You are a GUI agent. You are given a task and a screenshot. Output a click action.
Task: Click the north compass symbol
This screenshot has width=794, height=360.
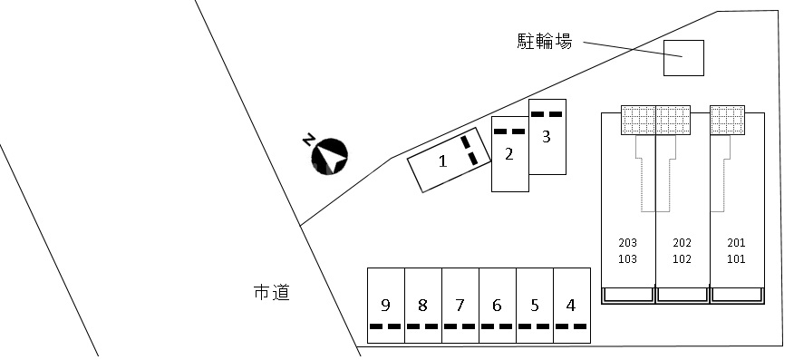[330, 156]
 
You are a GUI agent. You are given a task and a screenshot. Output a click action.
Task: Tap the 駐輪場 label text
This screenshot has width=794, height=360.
[544, 41]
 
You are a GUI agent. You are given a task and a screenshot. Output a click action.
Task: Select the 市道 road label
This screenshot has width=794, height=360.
[271, 293]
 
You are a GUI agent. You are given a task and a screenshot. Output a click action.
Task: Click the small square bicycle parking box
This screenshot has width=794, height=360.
[683, 58]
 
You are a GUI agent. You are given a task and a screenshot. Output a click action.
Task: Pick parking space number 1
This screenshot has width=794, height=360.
[445, 162]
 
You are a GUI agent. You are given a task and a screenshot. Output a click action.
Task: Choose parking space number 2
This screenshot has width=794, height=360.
[509, 154]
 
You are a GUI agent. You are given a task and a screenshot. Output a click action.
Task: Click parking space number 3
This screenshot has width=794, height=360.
[547, 137]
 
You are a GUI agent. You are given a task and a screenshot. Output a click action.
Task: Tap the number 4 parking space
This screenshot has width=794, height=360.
[570, 306]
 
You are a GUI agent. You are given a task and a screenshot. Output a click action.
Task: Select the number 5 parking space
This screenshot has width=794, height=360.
[534, 306]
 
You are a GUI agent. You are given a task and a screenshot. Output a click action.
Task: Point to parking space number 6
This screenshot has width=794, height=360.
[497, 306]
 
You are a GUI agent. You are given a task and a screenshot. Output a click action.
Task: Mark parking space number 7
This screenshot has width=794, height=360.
[460, 306]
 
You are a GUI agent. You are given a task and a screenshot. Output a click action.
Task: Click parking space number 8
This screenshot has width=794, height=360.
[422, 306]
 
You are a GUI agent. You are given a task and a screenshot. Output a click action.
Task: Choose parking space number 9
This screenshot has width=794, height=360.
[385, 306]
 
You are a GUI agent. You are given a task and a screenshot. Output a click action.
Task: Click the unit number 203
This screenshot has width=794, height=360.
[627, 243]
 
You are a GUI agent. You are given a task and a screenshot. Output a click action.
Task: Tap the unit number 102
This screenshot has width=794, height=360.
[683, 258]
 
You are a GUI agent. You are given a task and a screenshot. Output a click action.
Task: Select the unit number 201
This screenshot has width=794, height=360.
[736, 243]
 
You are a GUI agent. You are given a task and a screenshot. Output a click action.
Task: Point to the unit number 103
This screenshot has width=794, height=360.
[627, 258]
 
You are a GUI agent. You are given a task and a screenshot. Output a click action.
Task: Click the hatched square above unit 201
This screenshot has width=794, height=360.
[727, 120]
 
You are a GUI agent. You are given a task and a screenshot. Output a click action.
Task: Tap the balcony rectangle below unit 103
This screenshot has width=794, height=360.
[628, 295]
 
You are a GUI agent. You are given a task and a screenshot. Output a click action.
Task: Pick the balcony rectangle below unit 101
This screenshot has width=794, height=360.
[736, 295]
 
